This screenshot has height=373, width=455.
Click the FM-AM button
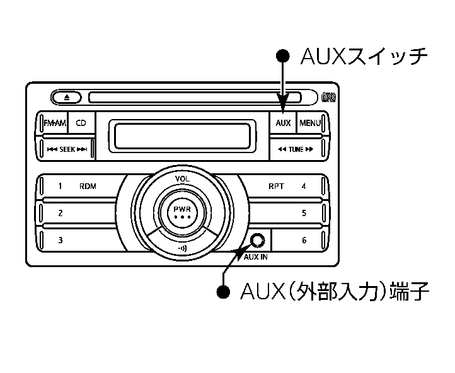pos(54,123)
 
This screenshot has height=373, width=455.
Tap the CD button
pos(81,123)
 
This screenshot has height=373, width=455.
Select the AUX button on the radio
pos(283,123)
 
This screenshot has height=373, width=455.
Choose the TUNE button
pos(295,149)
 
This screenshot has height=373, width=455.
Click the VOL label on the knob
pos(182,179)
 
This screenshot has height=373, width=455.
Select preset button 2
pos(76,213)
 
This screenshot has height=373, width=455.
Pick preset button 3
pos(76,239)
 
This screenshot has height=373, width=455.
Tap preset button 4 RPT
pos(287,186)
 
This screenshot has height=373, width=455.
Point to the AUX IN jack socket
pos(256,240)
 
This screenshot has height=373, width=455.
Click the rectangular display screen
pos(182,136)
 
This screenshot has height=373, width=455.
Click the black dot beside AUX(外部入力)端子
pos(223,292)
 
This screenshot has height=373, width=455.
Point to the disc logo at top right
pos(328,97)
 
